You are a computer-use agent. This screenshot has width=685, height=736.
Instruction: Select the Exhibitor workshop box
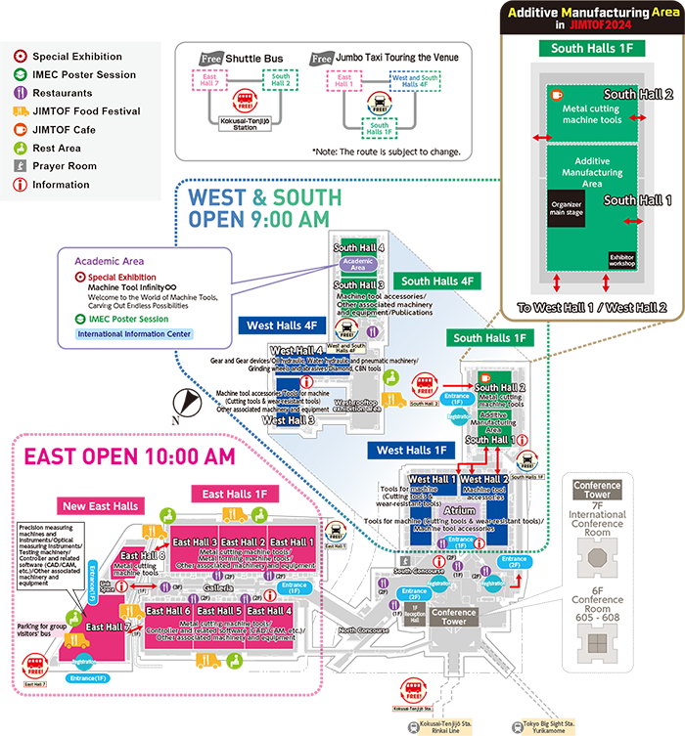tap(621, 261)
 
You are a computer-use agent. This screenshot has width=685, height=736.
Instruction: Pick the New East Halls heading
tap(102, 506)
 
